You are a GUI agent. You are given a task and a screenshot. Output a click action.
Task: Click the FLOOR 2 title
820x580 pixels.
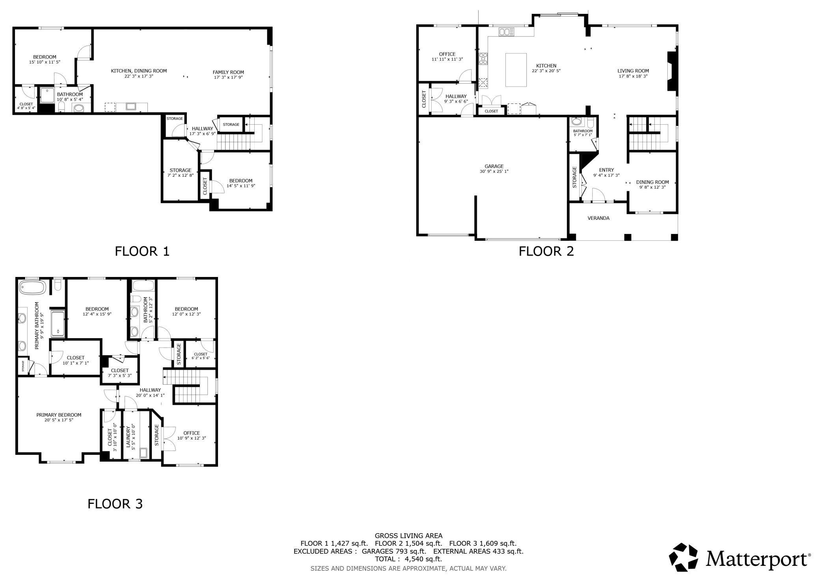pos(546,251)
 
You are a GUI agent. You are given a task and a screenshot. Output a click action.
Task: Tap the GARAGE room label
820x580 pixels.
pos(494,166)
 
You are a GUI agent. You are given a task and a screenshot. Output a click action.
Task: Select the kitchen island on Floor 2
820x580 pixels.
pos(516,70)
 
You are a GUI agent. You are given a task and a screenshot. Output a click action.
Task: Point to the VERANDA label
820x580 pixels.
pos(598,218)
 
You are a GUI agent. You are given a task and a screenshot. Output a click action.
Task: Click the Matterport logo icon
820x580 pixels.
pos(684,557)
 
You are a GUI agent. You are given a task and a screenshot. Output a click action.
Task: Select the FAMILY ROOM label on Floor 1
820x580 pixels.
pos(228,72)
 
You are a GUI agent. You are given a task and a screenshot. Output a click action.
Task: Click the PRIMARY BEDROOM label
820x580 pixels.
pos(59,415)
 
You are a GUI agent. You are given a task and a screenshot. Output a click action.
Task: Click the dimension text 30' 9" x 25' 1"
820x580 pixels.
pos(494,172)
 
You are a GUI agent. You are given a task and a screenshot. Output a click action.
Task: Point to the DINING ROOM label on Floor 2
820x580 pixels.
pos(652,182)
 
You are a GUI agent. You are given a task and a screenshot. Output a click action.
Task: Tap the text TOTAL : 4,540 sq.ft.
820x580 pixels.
pos(408,559)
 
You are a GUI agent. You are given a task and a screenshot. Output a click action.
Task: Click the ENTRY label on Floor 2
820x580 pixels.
pos(606,170)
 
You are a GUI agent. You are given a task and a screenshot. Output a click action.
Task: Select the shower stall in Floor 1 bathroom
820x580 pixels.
pos(47,95)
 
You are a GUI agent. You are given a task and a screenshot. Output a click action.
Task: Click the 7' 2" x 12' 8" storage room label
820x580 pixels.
pos(180,175)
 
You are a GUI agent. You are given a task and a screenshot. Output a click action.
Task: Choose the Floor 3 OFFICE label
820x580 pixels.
pos(192,433)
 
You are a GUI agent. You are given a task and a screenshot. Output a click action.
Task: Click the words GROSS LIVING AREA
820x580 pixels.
pos(408,535)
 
